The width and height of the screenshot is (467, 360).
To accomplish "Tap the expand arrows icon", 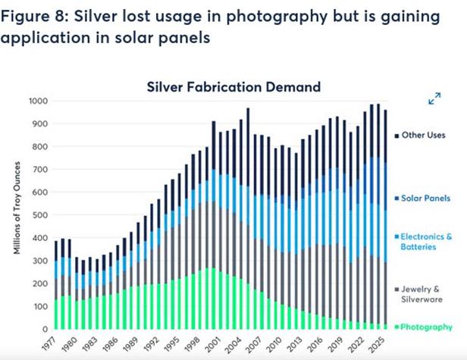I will pyautogui.click(x=434, y=99).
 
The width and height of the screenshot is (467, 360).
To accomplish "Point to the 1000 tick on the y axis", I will pyautogui.click(x=39, y=101).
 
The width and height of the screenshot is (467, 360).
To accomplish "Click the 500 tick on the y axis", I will pyautogui.click(x=41, y=215).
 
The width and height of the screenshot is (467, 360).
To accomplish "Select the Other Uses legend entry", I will pyautogui.click(x=424, y=135).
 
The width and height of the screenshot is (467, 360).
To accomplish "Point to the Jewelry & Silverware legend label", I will pyautogui.click(x=425, y=296).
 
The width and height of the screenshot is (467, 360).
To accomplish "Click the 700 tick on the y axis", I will pyautogui.click(x=41, y=170).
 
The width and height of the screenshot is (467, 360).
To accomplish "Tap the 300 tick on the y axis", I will pyautogui.click(x=41, y=261).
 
